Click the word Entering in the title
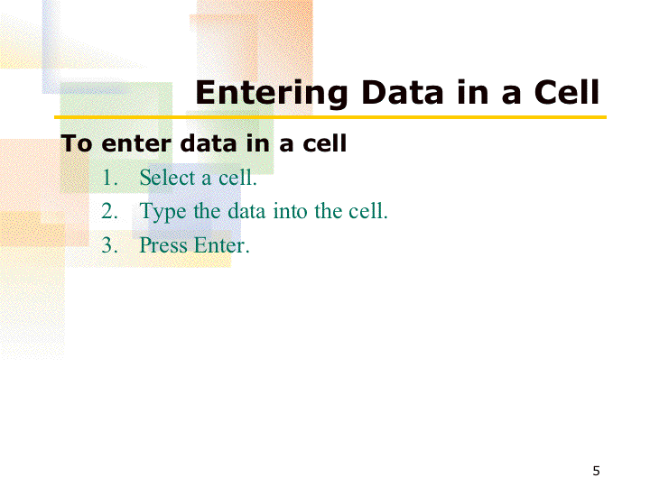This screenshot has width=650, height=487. pyautogui.click(x=271, y=94)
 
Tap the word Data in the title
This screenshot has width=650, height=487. pyautogui.click(x=403, y=92)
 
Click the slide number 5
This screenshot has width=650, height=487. pyautogui.click(x=596, y=471)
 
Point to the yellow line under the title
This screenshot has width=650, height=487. pyautogui.click(x=330, y=117)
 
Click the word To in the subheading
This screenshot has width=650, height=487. pyautogui.click(x=76, y=143)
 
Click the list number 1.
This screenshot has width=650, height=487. pyautogui.click(x=109, y=178)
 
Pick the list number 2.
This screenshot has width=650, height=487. pyautogui.click(x=109, y=211)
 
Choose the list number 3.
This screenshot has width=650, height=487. pyautogui.click(x=109, y=244)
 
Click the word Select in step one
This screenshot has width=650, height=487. pyautogui.click(x=167, y=178)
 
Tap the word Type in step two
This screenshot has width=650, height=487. pyautogui.click(x=162, y=212)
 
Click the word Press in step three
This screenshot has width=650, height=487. pyautogui.click(x=163, y=244)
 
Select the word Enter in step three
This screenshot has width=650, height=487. pyautogui.click(x=222, y=244)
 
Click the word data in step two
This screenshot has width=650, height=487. pyautogui.click(x=246, y=211)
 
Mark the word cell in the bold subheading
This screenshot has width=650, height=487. pyautogui.click(x=325, y=143)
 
